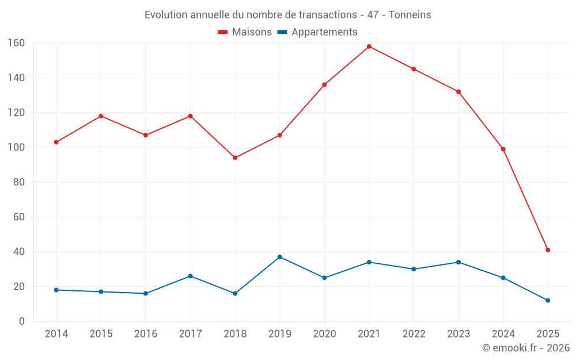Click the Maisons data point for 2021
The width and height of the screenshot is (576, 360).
pyautogui.click(x=369, y=47)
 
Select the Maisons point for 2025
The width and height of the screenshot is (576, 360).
pyautogui.click(x=548, y=250)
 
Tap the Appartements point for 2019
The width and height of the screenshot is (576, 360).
pyautogui.click(x=280, y=257)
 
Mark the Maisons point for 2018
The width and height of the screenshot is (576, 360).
pyautogui.click(x=235, y=158)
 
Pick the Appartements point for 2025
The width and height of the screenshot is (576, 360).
pyautogui.click(x=548, y=300)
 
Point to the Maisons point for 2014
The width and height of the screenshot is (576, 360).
pyautogui.click(x=56, y=142)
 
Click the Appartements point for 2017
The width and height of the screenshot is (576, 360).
pyautogui.click(x=190, y=276)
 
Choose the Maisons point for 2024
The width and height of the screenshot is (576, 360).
pyautogui.click(x=503, y=149)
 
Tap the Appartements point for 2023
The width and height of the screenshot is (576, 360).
pyautogui.click(x=458, y=262)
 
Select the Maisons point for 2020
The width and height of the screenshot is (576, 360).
pyautogui.click(x=324, y=85)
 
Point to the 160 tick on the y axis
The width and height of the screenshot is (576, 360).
pyautogui.click(x=16, y=43)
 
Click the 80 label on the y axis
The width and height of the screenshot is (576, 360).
pyautogui.click(x=19, y=182)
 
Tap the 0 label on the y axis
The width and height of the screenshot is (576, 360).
pyautogui.click(x=22, y=321)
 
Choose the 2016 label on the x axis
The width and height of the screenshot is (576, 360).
pyautogui.click(x=146, y=334)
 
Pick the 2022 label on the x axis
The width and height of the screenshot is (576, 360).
pyautogui.click(x=414, y=334)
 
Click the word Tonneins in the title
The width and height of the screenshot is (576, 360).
pyautogui.click(x=410, y=15)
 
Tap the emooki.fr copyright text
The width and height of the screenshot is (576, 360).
pyautogui.click(x=526, y=348)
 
